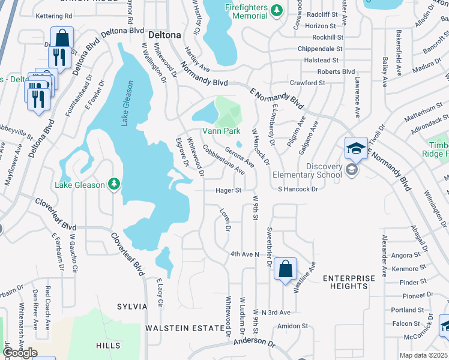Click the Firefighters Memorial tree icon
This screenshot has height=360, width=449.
coord(276,10)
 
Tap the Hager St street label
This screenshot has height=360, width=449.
coord(229,190)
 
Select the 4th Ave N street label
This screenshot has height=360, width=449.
coord(244,254)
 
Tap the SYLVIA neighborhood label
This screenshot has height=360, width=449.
coord(133,307)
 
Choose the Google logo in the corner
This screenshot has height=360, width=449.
coord(19,353)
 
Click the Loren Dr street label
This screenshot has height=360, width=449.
coord(226,220)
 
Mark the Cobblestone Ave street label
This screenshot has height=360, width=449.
coord(223,159)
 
